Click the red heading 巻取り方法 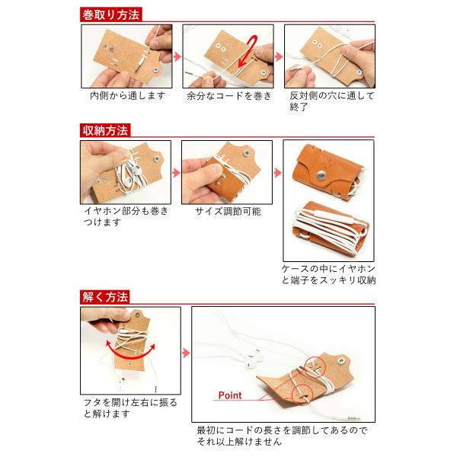[110, 14]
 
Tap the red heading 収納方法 [105, 130]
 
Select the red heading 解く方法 [105, 297]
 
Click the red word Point [230, 395]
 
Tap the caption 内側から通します [128, 96]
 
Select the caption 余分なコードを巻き [229, 96]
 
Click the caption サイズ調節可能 [228, 211]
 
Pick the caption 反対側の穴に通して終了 [331, 101]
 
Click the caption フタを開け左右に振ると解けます [130, 408]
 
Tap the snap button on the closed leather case [321, 176]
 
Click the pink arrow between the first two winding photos [177, 56]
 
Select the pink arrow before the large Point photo [186, 353]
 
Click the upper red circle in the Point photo [315, 366]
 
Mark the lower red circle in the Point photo [302, 395]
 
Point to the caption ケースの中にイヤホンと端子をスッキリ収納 [328, 274]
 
